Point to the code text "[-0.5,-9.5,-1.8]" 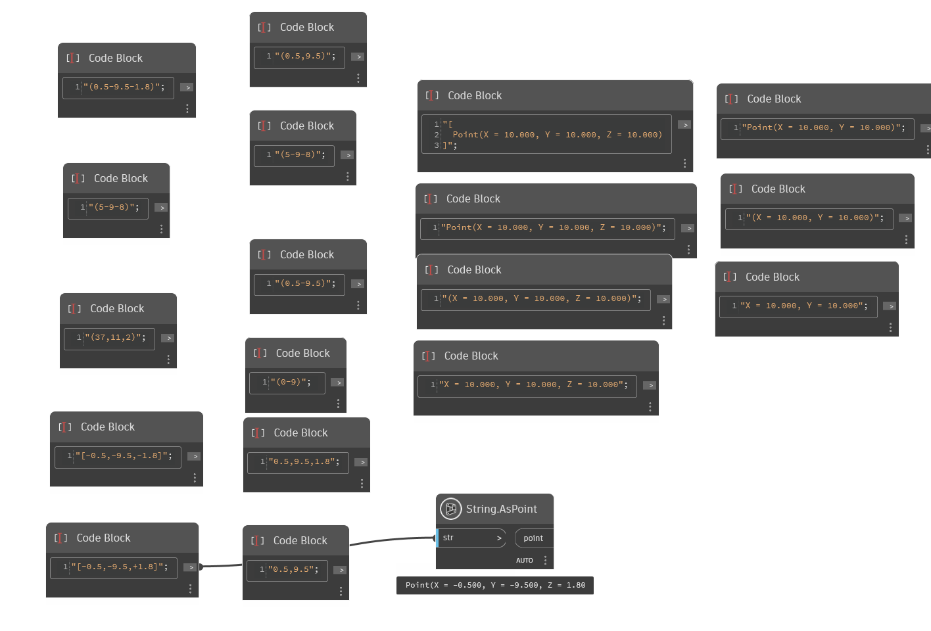pos(124,456)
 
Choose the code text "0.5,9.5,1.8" pos(304,462)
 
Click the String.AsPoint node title pos(501,509)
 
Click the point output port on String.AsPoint pos(533,538)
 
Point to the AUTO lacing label pos(525,561)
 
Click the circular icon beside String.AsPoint pos(451,509)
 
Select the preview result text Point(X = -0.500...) pos(495,585)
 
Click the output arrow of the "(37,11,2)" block pos(168,338)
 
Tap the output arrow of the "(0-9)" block pos(337,382)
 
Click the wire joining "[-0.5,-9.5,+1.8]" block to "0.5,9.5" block pos(221,565)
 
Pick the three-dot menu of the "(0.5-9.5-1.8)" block pos(187,108)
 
